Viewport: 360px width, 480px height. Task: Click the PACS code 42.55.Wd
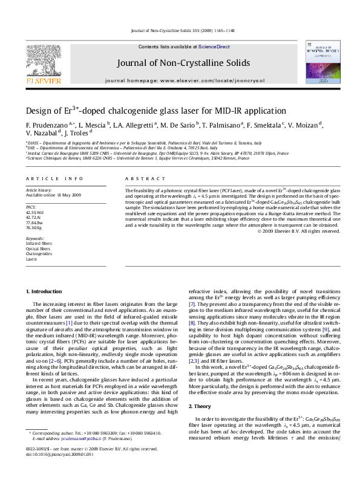pyautogui.click(x=34, y=213)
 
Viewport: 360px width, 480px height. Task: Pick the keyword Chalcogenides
pyautogui.click(x=39, y=253)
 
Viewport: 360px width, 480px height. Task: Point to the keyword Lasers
pyautogui.click(x=31, y=259)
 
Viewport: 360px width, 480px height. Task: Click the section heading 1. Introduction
pyautogui.click(x=46, y=292)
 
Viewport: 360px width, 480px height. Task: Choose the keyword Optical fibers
pyautogui.click(x=38, y=248)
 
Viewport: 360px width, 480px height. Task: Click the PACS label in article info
pyautogui.click(x=31, y=207)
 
